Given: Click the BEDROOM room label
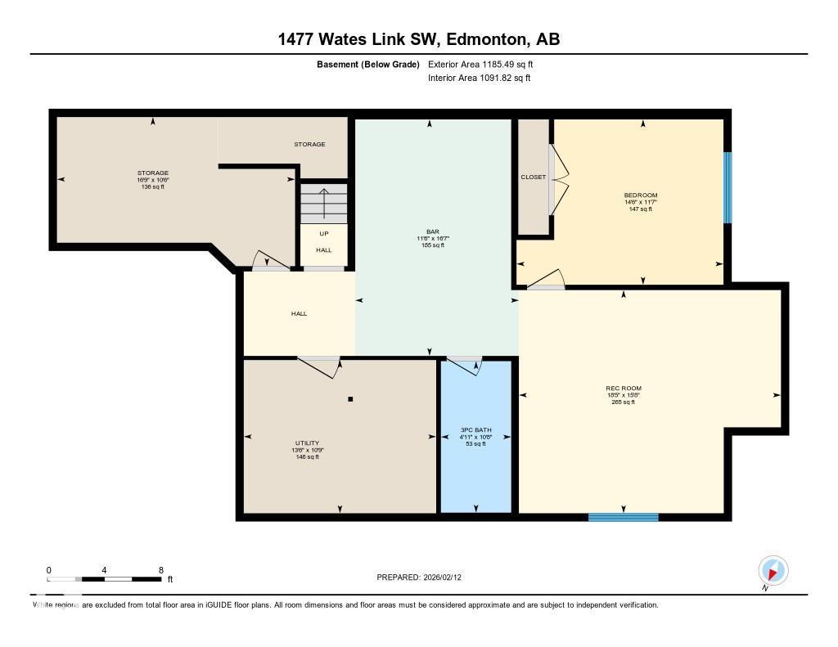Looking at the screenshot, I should click(640, 195).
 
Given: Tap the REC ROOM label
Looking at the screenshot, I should click(623, 389).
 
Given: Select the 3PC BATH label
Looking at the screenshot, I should click(475, 430).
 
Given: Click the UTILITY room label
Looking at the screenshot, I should click(308, 443).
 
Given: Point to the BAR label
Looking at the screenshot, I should click(433, 231).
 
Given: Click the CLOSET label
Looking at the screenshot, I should click(533, 177).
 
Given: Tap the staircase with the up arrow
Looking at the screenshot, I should click(324, 203).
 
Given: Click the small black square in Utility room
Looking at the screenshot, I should click(350, 399).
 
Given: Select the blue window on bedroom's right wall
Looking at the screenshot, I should click(727, 187).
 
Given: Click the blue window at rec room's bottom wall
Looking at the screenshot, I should click(623, 517).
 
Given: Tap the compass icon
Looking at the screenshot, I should click(773, 570).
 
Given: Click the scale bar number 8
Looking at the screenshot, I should click(160, 570).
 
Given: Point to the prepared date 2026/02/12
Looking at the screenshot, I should click(424, 577).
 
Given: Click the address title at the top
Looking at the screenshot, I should click(419, 39).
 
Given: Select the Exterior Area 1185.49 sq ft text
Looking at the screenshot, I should click(480, 64).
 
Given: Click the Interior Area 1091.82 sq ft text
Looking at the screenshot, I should click(479, 78).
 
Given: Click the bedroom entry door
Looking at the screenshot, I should click(546, 280).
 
